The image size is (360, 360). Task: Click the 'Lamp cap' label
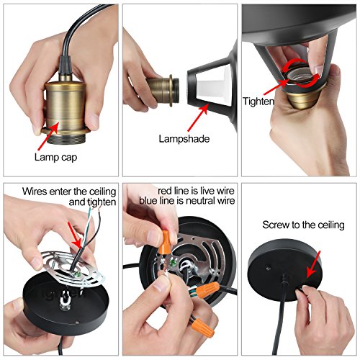pyautogui.click(x=55, y=158)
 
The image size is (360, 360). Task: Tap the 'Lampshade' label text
pyautogui.click(x=184, y=139)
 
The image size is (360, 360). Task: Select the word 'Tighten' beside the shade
pyautogui.click(x=258, y=102)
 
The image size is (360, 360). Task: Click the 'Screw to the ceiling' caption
pyautogui.click(x=303, y=225)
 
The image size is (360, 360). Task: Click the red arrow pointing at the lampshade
pyautogui.click(x=197, y=117)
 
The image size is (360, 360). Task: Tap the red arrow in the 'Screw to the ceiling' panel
pyautogui.click(x=314, y=264)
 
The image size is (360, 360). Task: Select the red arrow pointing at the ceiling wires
pyautogui.click(x=75, y=235)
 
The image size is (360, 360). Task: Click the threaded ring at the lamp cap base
pyautogui.click(x=66, y=139)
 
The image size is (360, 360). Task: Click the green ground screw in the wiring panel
pyautogui.click(x=172, y=263)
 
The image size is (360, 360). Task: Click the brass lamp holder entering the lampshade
pyautogui.click(x=163, y=90)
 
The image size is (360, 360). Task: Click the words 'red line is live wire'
pyautogui.click(x=196, y=191)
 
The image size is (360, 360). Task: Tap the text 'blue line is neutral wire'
pyautogui.click(x=187, y=201)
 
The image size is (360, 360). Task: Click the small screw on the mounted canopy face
pyautogui.click(x=269, y=266)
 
